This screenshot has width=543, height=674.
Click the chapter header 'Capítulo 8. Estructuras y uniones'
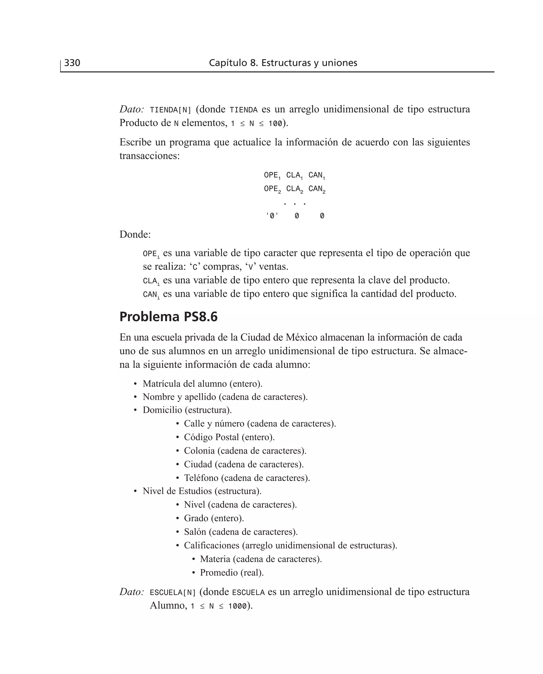[283, 63]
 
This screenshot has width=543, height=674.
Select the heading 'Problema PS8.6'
[168, 317]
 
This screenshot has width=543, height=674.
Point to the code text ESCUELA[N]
[173, 592]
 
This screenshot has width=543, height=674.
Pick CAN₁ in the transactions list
[317, 175]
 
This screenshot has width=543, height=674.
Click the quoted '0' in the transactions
[272, 216]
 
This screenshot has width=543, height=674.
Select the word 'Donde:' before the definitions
[135, 234]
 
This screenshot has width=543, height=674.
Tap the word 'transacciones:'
[150, 156]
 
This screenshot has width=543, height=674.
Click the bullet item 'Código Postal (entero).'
[229, 437]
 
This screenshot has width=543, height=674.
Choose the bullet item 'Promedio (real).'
[232, 572]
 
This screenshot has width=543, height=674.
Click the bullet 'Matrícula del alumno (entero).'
[202, 384]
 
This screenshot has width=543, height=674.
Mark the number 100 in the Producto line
[275, 124]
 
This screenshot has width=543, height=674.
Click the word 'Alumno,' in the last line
[168, 606]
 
